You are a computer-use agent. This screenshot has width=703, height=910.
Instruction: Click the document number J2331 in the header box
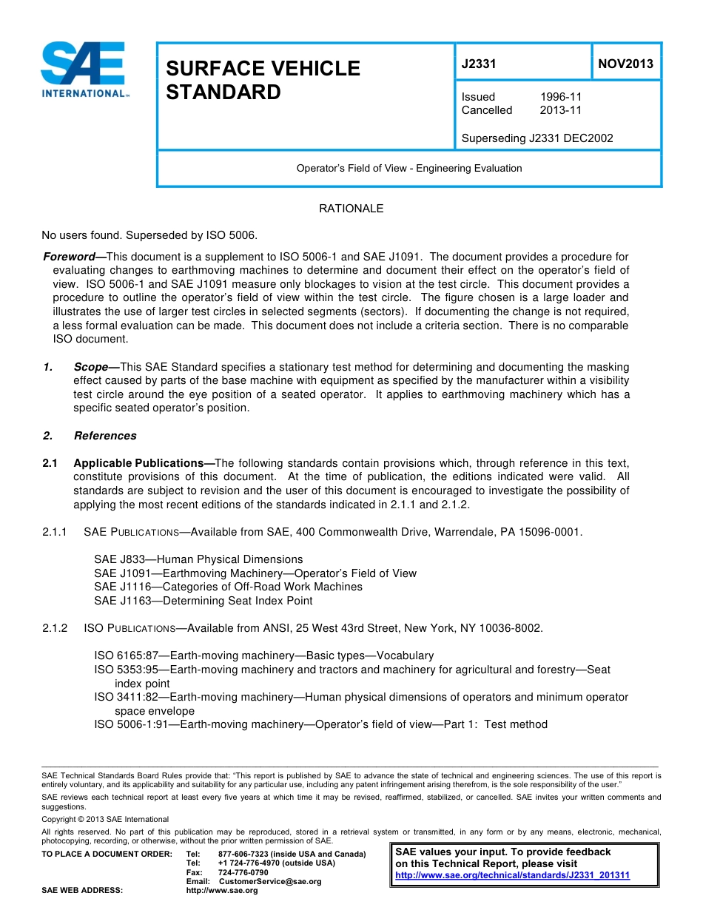pyautogui.click(x=478, y=64)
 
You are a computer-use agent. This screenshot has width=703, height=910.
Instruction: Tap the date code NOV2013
pyautogui.click(x=625, y=64)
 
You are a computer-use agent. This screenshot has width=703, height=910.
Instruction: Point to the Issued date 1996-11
pyautogui.click(x=560, y=97)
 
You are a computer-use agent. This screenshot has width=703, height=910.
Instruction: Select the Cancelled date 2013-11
pyautogui.click(x=560, y=110)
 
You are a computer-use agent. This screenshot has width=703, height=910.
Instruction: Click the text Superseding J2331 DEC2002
pyautogui.click(x=536, y=138)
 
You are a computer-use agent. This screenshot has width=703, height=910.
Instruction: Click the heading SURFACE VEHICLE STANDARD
pyautogui.click(x=262, y=80)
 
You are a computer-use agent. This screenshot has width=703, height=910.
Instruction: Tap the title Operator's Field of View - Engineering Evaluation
pyautogui.click(x=408, y=168)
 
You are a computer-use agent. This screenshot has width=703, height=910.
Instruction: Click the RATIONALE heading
pyautogui.click(x=351, y=209)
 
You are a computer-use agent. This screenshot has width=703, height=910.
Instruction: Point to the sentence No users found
pyautogui.click(x=81, y=236)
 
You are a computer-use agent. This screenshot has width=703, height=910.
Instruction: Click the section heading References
pyautogui.click(x=105, y=436)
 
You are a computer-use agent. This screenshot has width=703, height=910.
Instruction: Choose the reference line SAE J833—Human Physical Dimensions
pyautogui.click(x=198, y=559)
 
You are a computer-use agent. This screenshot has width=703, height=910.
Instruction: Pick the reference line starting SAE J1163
pyautogui.click(x=203, y=601)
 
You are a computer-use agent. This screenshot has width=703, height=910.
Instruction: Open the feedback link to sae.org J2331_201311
pyautogui.click(x=512, y=875)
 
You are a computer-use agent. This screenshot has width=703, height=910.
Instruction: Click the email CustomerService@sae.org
pyautogui.click(x=269, y=881)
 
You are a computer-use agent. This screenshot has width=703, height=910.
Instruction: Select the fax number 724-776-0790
pyautogui.click(x=243, y=872)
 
